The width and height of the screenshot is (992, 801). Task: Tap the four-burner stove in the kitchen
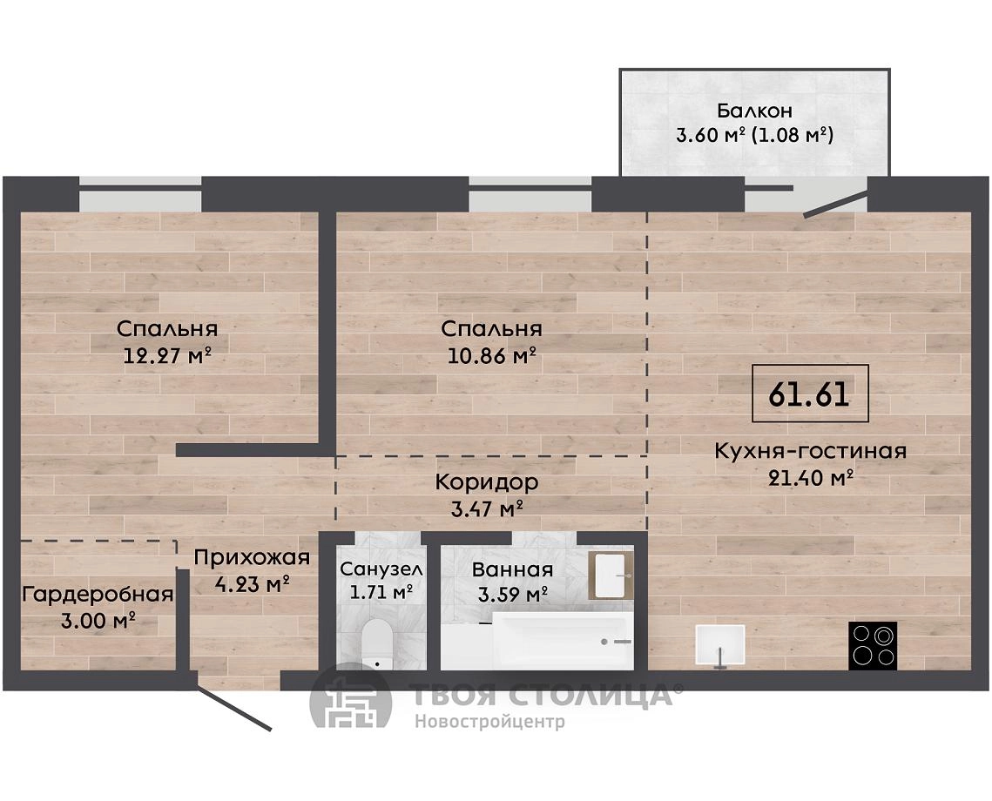coord(873,646)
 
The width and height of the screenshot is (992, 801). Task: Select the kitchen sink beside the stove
coord(720,645)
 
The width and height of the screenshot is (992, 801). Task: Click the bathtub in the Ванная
coord(537,640)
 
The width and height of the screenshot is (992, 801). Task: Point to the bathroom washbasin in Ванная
coord(611,576)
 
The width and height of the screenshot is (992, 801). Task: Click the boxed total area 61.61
coord(810,394)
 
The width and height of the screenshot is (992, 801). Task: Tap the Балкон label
coord(754,111)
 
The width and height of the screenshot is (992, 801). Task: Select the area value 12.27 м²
coord(167,356)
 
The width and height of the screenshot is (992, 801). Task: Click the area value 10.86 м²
coord(491,356)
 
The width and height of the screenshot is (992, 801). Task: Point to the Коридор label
coord(487,483)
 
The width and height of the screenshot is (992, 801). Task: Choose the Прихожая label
coord(252,558)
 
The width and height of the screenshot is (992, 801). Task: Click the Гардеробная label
coord(98,595)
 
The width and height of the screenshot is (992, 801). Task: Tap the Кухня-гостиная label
coord(811,451)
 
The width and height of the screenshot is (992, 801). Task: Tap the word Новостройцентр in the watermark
coord(489,722)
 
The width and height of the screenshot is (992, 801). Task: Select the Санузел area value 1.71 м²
coord(381,592)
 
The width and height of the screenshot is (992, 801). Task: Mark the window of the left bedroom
coord(140,194)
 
